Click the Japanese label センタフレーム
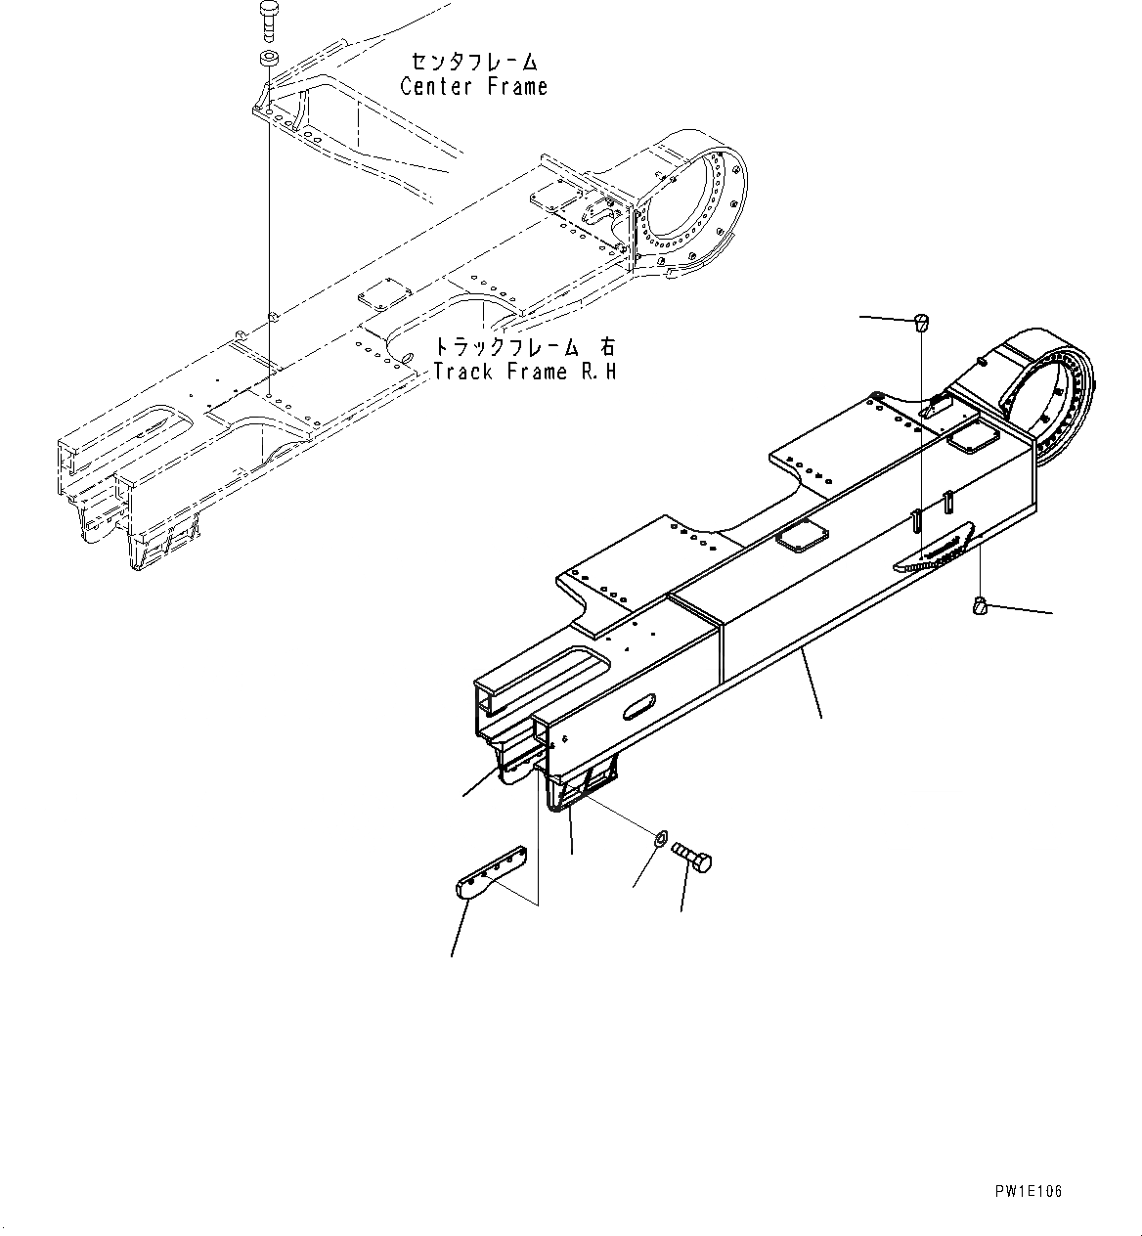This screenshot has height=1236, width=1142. (474, 62)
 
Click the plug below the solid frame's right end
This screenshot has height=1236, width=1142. (981, 607)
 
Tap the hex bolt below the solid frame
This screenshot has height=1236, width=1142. (695, 860)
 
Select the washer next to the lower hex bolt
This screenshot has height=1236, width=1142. (660, 838)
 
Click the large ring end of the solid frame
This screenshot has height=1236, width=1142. (1051, 391)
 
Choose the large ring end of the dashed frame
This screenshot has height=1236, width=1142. (689, 210)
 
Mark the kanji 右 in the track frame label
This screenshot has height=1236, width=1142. (607, 347)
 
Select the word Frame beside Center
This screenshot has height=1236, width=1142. (513, 86)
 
